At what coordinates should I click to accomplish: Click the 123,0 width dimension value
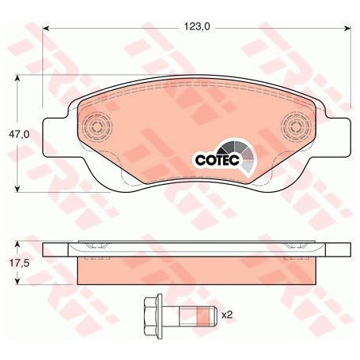(x=197, y=26)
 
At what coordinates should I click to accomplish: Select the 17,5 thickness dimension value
(x=19, y=264)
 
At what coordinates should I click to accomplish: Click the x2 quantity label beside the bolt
(x=227, y=315)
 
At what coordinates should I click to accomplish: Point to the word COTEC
(x=217, y=160)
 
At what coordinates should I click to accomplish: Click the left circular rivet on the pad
(x=97, y=127)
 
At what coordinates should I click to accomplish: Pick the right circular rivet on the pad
(x=296, y=127)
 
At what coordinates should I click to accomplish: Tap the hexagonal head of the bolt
(x=151, y=316)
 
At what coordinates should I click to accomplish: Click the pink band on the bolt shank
(x=204, y=315)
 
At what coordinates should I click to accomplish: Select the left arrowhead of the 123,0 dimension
(x=46, y=28)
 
